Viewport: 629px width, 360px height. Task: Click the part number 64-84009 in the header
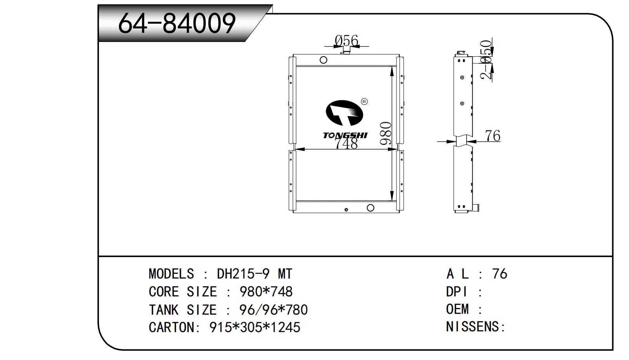click(x=177, y=23)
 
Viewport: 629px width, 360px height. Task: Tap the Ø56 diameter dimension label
click(x=346, y=41)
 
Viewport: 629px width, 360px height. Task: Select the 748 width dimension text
click(x=346, y=144)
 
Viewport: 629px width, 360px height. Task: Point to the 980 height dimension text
click(x=386, y=133)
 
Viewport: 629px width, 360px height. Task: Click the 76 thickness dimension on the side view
click(x=493, y=136)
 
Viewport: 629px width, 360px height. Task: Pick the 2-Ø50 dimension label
click(x=487, y=60)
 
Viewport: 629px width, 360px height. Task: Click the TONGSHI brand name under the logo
click(x=345, y=136)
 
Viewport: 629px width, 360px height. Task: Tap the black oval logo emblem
click(x=344, y=113)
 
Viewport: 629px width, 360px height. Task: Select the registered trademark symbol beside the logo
click(x=364, y=102)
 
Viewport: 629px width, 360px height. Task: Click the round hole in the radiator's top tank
click(x=323, y=60)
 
